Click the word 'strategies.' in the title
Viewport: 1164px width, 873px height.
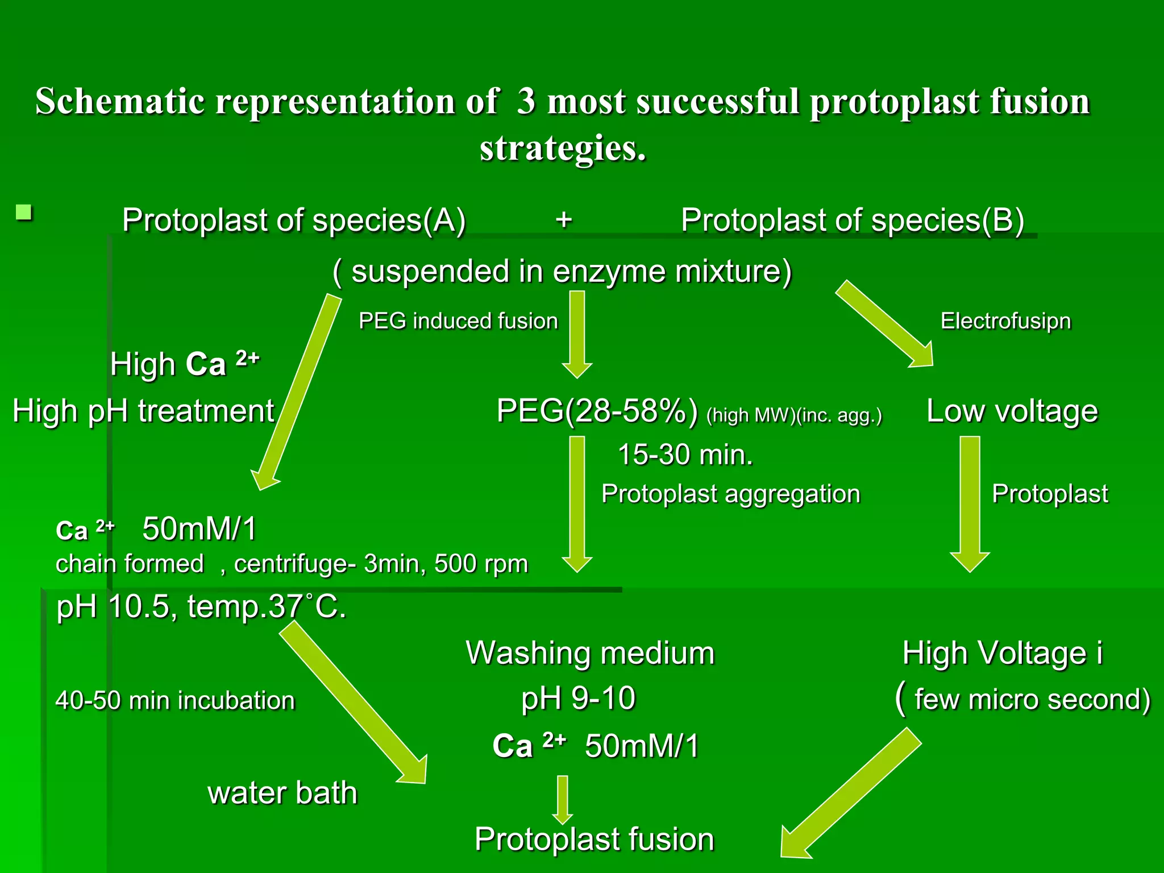[x=563, y=149]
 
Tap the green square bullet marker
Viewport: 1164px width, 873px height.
[x=24, y=213]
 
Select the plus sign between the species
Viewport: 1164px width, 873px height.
[x=563, y=220]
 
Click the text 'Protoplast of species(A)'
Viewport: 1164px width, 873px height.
[x=294, y=221]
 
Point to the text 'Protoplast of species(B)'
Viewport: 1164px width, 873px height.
[x=852, y=221]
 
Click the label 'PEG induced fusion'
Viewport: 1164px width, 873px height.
[x=458, y=321]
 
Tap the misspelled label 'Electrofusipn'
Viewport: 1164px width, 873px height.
[x=1005, y=321]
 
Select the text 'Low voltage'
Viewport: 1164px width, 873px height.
[x=1012, y=411]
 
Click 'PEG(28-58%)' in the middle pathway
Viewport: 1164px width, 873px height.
[x=597, y=411]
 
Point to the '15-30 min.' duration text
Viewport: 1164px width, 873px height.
[x=685, y=455]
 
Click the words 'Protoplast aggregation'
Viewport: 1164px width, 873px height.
[x=730, y=494]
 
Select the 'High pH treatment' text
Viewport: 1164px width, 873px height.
[x=143, y=411]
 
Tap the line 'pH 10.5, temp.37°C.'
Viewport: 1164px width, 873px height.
[x=201, y=607]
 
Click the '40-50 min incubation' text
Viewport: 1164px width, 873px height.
[x=175, y=700]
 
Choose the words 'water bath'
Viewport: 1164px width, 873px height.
[x=282, y=793]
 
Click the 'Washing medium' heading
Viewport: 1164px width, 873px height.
[x=590, y=653]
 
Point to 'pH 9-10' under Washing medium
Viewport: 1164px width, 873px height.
[x=578, y=699]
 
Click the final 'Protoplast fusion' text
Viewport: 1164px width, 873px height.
[x=594, y=839]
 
